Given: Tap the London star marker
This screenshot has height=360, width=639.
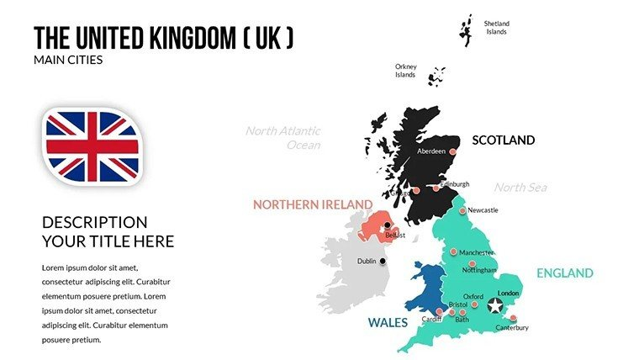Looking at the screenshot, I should click(496, 304).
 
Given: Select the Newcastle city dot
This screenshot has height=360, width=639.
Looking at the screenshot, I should click(462, 210).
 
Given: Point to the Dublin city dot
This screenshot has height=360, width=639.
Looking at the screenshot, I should click(384, 261).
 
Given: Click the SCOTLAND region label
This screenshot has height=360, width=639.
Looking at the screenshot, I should click(503, 140).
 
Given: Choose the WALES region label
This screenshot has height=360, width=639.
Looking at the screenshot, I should click(388, 322).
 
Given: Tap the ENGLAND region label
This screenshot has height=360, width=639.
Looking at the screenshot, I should click(565, 273).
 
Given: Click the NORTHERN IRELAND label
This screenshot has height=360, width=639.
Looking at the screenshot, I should click(313, 204).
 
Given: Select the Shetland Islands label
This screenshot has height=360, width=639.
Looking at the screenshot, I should click(496, 28).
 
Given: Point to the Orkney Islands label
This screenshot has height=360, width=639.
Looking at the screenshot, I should click(405, 70).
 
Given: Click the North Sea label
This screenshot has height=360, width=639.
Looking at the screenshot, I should click(520, 187).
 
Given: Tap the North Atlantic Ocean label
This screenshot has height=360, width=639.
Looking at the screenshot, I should click(283, 137).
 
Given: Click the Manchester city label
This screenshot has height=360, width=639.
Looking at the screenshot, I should click(477, 252).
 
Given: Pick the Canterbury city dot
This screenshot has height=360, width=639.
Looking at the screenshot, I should click(513, 319).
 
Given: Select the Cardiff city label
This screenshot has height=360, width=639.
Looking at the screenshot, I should click(432, 320).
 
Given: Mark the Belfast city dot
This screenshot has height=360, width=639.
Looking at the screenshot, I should click(388, 225).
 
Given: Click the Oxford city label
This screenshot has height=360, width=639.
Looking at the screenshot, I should click(473, 296).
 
